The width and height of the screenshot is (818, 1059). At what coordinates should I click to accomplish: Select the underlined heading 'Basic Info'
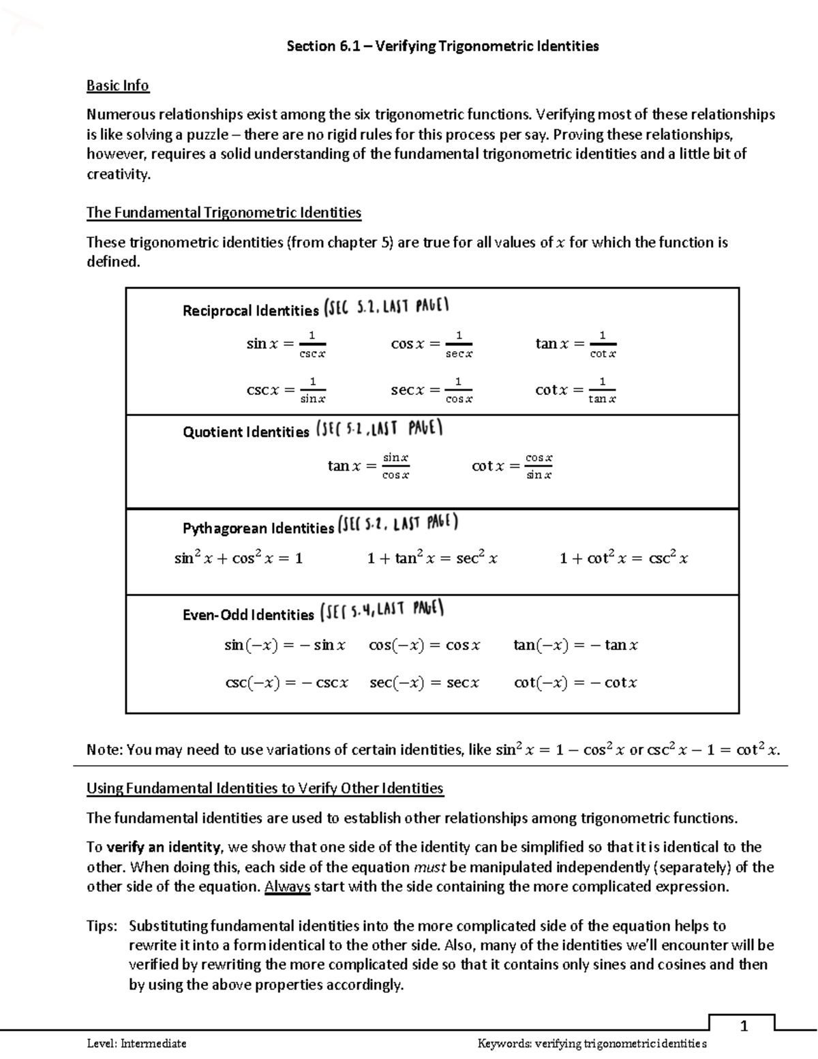point(117,85)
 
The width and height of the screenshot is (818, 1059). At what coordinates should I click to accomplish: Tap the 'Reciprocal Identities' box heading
point(250,311)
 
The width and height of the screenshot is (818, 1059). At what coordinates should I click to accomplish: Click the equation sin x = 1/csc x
point(286,344)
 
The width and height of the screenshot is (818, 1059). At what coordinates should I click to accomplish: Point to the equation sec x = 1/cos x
point(431,390)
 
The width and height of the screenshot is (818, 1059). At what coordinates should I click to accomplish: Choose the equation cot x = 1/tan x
point(576,390)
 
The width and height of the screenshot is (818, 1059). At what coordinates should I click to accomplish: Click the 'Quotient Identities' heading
point(245,432)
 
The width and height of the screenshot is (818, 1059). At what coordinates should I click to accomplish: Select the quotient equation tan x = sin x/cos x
point(368,466)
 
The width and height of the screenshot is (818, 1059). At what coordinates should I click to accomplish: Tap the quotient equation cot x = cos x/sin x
point(512,466)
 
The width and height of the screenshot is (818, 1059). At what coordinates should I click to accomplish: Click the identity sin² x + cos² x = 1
point(239,558)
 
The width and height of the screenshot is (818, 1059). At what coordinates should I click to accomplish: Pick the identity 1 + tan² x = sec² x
point(432,558)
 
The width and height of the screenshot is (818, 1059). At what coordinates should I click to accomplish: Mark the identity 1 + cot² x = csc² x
point(624,558)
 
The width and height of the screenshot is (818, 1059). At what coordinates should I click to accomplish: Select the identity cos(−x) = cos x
point(425,645)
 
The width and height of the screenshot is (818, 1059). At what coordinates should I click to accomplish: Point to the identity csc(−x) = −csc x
point(286,683)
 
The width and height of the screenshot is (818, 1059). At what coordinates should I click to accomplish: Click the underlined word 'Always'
point(287,886)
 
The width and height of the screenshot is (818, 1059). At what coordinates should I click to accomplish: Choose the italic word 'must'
point(429,867)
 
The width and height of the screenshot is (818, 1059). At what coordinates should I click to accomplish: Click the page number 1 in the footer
point(744,1026)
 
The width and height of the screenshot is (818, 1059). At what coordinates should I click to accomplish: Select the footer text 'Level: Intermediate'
point(136,1043)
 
